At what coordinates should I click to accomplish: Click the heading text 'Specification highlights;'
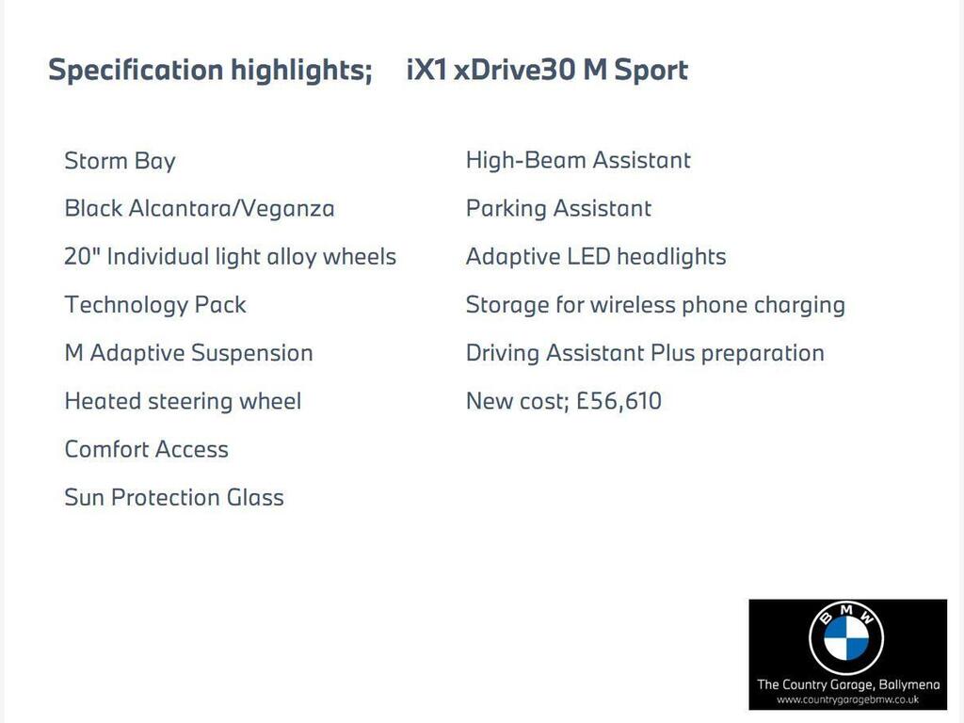click(x=210, y=71)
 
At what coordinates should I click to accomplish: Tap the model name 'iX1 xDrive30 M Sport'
click(x=547, y=70)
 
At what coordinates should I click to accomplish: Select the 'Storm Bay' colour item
click(x=120, y=162)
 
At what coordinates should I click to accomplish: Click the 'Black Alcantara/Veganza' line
click(x=200, y=209)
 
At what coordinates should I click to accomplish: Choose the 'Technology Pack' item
click(x=155, y=305)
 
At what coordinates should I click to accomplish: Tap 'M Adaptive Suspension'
click(x=188, y=354)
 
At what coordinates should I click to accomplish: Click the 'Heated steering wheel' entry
click(x=184, y=401)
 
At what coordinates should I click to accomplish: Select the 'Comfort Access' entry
click(x=146, y=449)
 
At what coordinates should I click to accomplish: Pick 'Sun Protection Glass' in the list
click(x=174, y=497)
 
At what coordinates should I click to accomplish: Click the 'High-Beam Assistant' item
click(x=578, y=160)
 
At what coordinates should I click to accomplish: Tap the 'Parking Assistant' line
click(x=558, y=209)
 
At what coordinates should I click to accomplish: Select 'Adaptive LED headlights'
click(x=596, y=257)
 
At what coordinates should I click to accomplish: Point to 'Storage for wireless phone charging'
click(x=655, y=305)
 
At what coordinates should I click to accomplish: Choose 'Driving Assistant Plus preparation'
click(x=645, y=354)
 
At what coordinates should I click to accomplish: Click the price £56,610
click(x=619, y=401)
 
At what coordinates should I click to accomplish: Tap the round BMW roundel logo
click(x=846, y=638)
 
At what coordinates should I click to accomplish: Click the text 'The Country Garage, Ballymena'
click(x=848, y=685)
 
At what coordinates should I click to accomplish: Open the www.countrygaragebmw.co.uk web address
click(x=848, y=699)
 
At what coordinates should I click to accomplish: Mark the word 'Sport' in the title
click(x=651, y=71)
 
